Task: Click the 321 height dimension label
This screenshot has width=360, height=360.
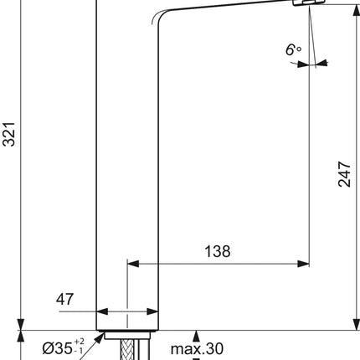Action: [8, 134]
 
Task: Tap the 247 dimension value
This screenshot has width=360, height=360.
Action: [344, 174]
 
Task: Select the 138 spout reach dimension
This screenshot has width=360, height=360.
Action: [218, 251]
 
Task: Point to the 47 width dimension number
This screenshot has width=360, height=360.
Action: [64, 299]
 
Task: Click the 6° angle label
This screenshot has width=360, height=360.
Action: [293, 50]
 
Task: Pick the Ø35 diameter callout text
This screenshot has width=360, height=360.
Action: [58, 348]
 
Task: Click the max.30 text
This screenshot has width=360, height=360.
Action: [197, 348]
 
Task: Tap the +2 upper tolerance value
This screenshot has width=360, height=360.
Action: [79, 342]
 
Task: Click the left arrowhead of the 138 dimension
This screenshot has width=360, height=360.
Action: [133, 264]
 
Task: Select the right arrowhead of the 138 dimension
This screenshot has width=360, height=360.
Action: [303, 264]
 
